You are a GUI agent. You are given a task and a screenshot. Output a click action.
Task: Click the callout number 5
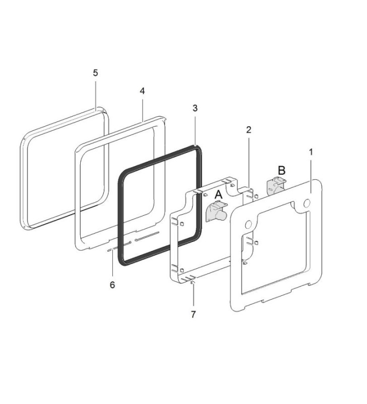[95, 73]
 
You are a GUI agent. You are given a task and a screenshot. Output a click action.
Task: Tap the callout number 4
[142, 91]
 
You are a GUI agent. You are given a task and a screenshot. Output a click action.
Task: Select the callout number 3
[195, 108]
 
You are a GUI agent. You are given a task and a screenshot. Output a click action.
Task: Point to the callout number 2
[249, 130]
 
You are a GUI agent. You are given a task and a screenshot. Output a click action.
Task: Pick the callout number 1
[311, 152]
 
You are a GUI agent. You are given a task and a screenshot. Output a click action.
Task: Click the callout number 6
[112, 285]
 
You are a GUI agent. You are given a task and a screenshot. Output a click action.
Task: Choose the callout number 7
[194, 314]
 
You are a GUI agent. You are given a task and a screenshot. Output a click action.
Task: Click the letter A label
[219, 195]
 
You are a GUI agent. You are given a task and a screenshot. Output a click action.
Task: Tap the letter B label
[282, 171]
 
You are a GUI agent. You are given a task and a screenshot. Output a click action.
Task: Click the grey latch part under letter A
[216, 211]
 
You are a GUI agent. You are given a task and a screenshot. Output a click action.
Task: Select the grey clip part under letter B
[276, 186]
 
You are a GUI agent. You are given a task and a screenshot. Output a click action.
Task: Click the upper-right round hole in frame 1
[307, 204]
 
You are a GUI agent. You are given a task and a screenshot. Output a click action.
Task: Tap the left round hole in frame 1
[249, 225]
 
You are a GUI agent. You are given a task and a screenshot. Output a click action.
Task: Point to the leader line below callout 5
[95, 96]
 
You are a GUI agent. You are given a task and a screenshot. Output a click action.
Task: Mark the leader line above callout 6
[112, 265]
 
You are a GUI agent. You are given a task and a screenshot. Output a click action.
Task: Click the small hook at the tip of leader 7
[193, 283]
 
